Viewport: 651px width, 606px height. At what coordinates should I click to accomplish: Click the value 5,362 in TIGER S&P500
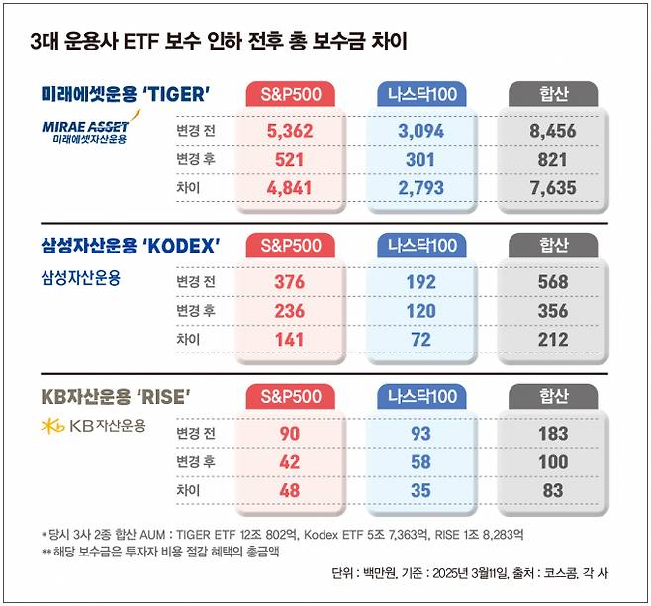point(290,130)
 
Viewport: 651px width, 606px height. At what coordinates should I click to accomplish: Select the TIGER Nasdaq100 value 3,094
point(421,130)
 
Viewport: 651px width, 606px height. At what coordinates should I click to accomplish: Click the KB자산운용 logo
point(94,426)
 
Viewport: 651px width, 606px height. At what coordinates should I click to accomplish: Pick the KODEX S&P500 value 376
point(290,282)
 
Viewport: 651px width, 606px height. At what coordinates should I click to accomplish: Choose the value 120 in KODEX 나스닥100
point(421,312)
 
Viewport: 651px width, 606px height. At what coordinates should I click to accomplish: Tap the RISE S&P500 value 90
point(290,433)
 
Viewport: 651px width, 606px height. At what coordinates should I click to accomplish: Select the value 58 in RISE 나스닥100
point(421,462)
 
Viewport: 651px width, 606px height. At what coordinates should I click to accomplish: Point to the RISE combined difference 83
point(553,491)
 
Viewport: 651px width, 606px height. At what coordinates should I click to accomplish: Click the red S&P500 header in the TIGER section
point(290,94)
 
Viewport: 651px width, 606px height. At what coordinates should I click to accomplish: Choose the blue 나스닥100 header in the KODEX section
point(421,246)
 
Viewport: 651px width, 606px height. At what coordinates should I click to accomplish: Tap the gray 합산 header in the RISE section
point(553,397)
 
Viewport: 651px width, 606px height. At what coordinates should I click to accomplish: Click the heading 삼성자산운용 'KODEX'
point(130,245)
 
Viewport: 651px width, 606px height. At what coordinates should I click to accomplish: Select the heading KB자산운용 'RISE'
point(116,396)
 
